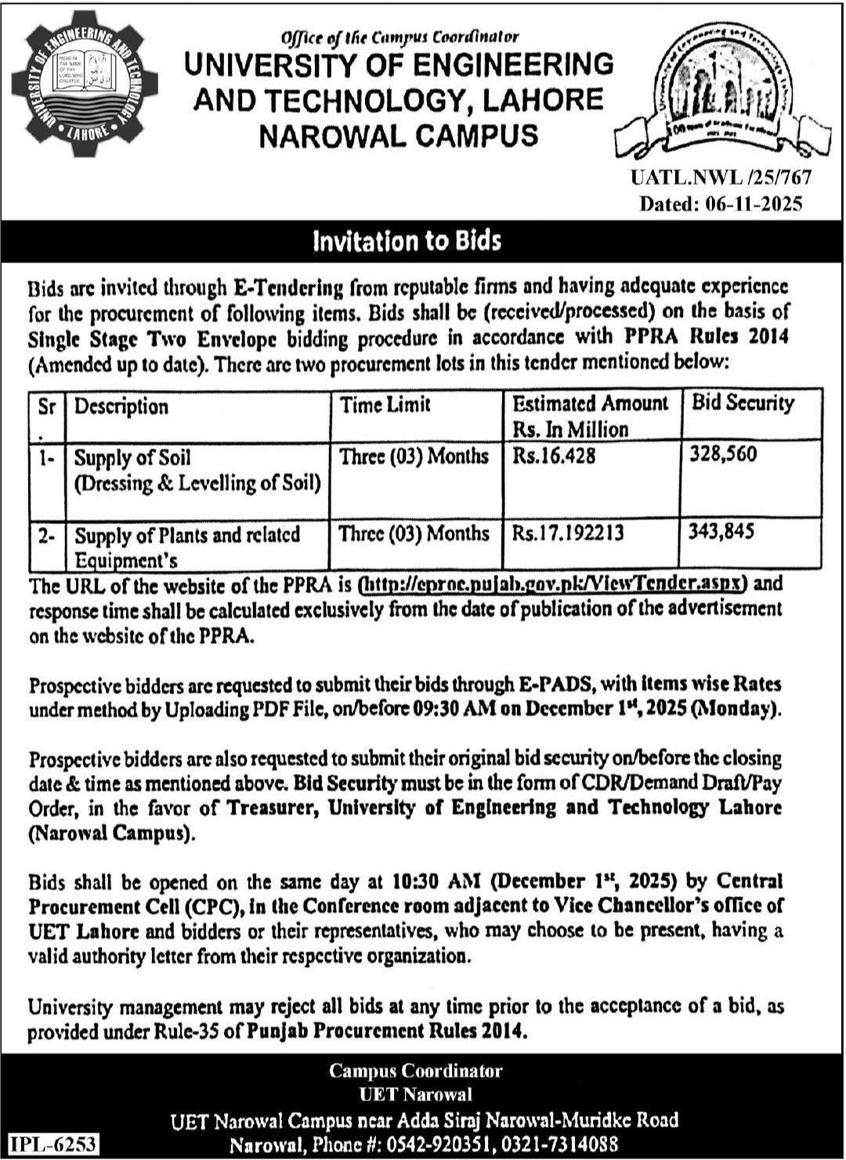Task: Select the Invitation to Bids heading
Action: point(407,240)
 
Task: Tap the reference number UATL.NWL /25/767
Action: point(721,178)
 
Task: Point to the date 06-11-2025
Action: point(754,204)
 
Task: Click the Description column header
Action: point(121,407)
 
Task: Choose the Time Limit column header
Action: point(385,405)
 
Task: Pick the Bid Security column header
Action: point(743,403)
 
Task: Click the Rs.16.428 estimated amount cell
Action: point(555,456)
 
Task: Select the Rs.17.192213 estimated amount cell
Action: point(568,533)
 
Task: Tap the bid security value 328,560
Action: point(723,454)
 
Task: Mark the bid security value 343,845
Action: point(721,532)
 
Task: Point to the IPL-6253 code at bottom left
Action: point(53,1144)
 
